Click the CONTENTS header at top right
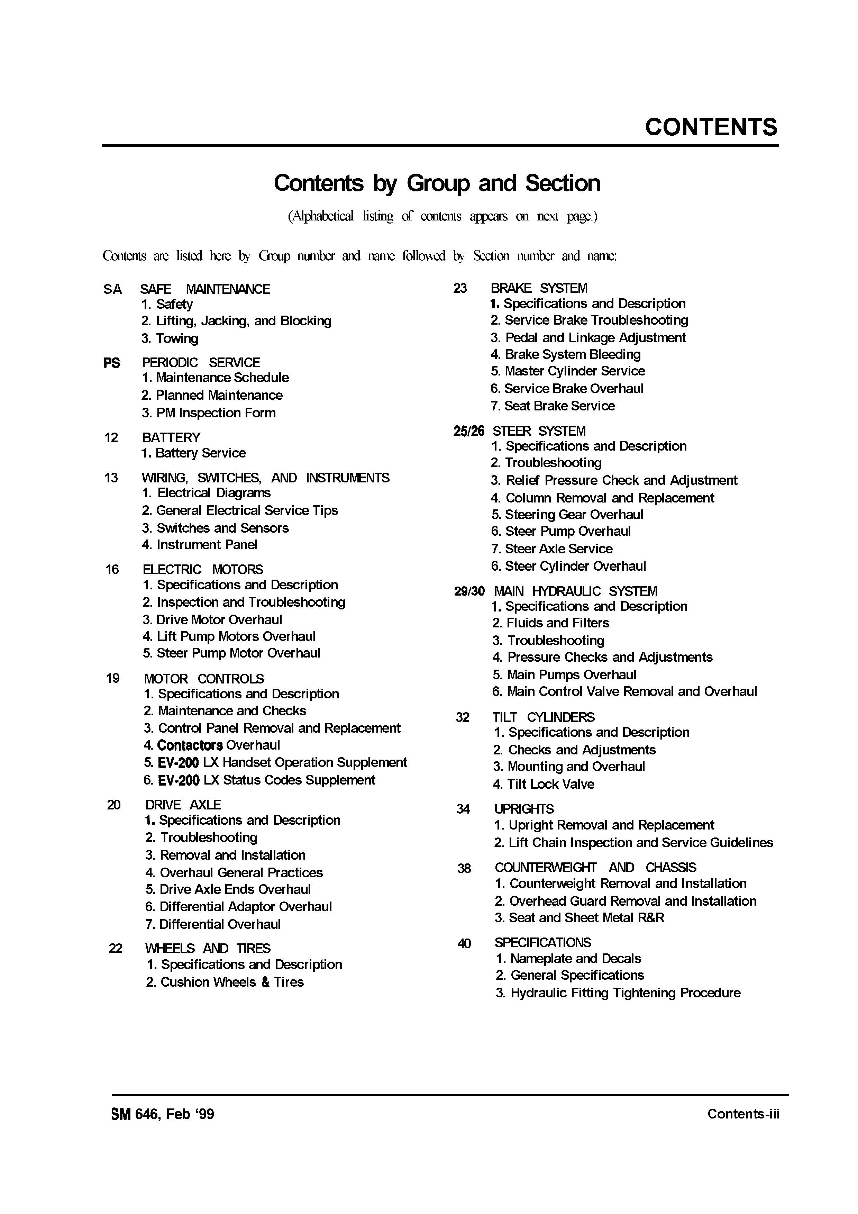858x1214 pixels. pyautogui.click(x=711, y=127)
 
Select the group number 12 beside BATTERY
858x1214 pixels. pyautogui.click(x=111, y=438)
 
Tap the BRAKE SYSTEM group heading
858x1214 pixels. pyautogui.click(x=539, y=288)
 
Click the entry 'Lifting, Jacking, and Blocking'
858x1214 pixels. pyautogui.click(x=236, y=321)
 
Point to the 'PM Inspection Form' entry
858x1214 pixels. pyautogui.click(x=208, y=413)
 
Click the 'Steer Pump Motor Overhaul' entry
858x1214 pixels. pyautogui.click(x=231, y=653)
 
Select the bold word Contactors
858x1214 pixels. pyautogui.click(x=190, y=745)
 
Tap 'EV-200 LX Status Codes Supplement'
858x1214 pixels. pyautogui.click(x=259, y=780)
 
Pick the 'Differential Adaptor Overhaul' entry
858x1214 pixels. pyautogui.click(x=238, y=907)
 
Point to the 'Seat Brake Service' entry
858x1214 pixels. pyautogui.click(x=553, y=406)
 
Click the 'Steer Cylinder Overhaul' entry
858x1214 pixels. pyautogui.click(x=568, y=566)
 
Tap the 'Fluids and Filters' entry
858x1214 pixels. pyautogui.click(x=550, y=623)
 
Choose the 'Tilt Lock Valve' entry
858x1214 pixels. pyautogui.click(x=544, y=784)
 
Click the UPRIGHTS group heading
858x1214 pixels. pyautogui.click(x=524, y=809)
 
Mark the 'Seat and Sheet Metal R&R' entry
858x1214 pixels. pyautogui.click(x=579, y=918)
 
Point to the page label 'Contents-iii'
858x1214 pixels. pyautogui.click(x=743, y=1114)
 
